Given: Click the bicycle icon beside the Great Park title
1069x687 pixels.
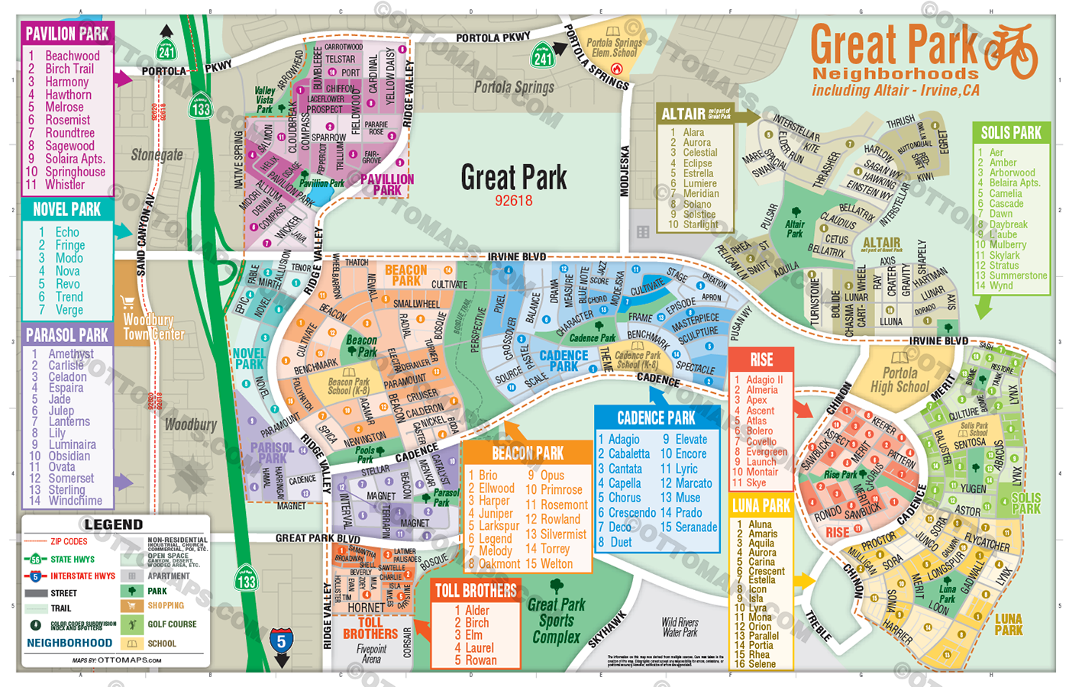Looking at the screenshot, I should point(1009,52).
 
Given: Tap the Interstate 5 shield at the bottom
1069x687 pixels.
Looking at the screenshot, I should point(281,640).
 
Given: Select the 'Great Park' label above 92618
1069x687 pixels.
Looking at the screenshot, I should point(513,178).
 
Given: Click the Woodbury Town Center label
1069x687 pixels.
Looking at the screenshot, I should point(153,327).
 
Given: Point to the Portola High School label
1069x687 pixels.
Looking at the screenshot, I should point(900,379).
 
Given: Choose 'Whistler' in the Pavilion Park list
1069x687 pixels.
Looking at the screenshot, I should point(65,185).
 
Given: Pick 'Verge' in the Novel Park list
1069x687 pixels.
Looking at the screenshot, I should point(69,310).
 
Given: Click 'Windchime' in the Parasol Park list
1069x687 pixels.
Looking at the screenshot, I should point(75,501).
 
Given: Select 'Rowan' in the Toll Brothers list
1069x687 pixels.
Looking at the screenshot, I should point(480,660).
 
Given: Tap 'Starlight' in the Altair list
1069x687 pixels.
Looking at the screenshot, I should point(700,224).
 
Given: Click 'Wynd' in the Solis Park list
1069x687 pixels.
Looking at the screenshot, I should point(1000,285).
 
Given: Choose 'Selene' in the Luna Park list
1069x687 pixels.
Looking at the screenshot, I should point(761,664).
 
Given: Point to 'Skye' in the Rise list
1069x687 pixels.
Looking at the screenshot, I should point(756,482).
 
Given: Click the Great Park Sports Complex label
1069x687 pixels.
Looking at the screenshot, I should point(557,620).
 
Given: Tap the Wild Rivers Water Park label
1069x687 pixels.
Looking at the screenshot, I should point(680,627).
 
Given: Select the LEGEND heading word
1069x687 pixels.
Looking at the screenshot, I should point(113,524).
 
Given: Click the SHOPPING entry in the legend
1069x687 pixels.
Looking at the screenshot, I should point(166,605).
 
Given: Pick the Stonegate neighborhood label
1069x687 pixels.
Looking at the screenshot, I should point(157,155).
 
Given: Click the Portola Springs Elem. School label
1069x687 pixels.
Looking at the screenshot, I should point(614,48).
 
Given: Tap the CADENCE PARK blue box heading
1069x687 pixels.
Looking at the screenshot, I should point(656,418).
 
